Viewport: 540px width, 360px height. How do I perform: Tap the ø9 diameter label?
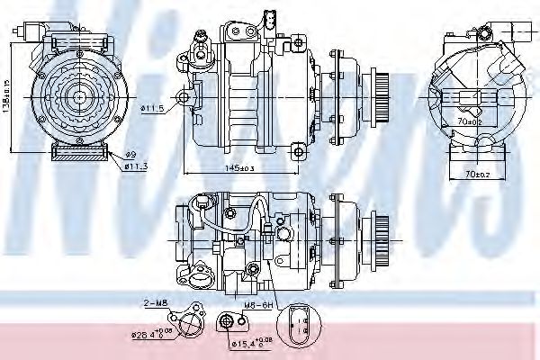[x=129, y=155]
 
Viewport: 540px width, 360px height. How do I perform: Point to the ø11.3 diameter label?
[x=135, y=166]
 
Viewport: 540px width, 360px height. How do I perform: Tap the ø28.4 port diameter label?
[x=153, y=337]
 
